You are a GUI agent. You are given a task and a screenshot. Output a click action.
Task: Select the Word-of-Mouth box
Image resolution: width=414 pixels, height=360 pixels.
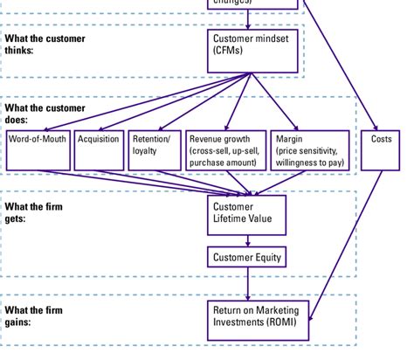coord(38,150)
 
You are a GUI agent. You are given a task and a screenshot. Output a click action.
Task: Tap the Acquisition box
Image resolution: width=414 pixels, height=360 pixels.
coord(99,150)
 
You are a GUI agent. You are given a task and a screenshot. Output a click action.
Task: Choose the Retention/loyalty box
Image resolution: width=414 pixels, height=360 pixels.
coord(155,150)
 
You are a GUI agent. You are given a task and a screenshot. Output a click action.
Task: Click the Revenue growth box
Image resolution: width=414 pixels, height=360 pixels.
coord(224,150)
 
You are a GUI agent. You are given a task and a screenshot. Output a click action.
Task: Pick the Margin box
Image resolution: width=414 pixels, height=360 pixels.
coord(310,150)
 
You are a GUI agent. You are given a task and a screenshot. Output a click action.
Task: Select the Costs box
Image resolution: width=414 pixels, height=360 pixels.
coord(381,150)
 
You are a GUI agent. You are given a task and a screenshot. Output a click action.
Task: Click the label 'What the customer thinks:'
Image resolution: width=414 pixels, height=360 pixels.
coord(34,45)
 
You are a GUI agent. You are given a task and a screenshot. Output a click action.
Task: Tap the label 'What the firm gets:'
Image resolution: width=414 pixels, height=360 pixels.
coord(29,212)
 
